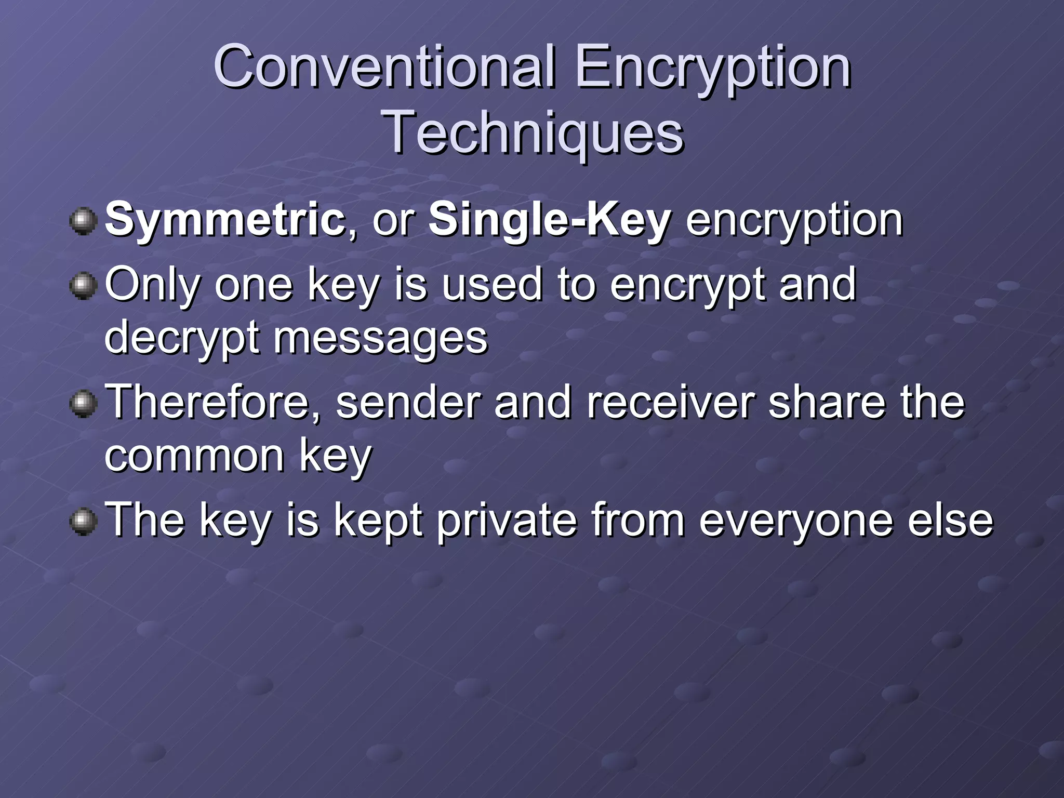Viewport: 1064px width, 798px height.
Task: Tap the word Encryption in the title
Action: (713, 68)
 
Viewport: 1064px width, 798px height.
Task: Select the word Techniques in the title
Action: (533, 134)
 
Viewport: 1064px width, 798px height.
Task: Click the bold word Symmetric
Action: (225, 220)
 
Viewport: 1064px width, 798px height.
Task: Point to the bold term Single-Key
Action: (550, 220)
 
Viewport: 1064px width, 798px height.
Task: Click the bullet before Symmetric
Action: (83, 221)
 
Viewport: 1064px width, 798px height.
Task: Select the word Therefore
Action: (213, 402)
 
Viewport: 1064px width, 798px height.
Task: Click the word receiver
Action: (671, 402)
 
